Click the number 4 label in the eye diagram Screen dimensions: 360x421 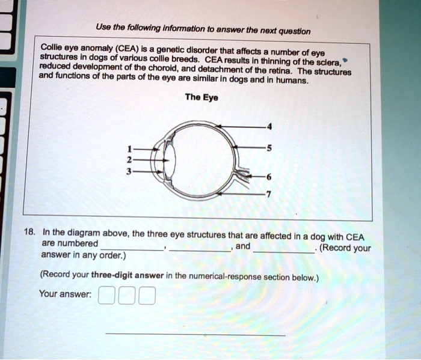point(269,126)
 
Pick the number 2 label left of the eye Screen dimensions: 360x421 point(128,160)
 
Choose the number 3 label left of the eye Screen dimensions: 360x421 point(128,171)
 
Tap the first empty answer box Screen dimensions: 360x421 point(105,296)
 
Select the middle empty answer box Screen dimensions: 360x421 point(126,296)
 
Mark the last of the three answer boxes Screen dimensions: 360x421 point(147,296)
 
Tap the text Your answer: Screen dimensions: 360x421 point(65,294)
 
